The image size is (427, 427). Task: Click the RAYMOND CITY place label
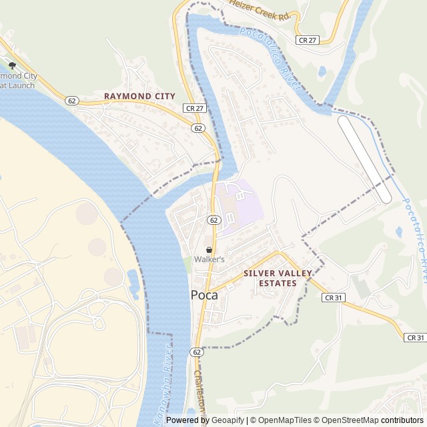tap(139, 96)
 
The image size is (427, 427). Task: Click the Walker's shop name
tap(209, 259)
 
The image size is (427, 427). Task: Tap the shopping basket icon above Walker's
tap(209, 250)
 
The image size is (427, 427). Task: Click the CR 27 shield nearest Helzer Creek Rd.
tap(308, 40)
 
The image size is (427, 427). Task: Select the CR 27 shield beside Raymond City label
tap(193, 107)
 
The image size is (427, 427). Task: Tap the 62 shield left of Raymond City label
tap(72, 100)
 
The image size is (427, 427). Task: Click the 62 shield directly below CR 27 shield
tap(197, 127)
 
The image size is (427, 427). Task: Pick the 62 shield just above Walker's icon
tap(213, 220)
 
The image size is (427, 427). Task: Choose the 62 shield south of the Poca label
tap(196, 352)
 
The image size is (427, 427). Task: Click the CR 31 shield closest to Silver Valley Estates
tap(334, 297)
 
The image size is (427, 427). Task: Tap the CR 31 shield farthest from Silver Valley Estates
tap(415, 338)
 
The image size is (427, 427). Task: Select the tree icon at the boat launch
tap(12, 65)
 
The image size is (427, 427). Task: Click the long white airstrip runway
tap(365, 159)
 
